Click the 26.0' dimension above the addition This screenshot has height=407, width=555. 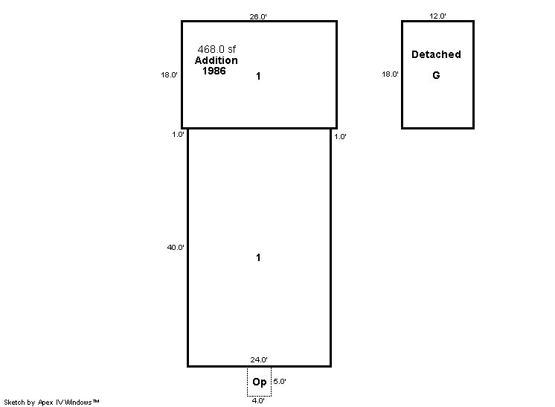click(x=258, y=16)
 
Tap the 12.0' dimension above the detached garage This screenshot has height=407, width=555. click(x=437, y=16)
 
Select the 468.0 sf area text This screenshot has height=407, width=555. click(x=216, y=49)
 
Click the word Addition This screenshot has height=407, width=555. click(x=216, y=60)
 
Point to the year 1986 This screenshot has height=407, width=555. click(x=214, y=71)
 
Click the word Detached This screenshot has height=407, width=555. click(x=436, y=54)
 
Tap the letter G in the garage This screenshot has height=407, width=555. click(x=436, y=75)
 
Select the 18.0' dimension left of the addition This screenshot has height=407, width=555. click(x=169, y=74)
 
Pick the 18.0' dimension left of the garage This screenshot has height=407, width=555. click(x=390, y=74)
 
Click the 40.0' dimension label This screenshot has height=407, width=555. click(x=176, y=247)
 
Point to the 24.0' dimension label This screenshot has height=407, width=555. click(x=259, y=359)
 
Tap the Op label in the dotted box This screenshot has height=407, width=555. click(x=260, y=382)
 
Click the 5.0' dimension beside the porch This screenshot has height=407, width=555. click(x=280, y=382)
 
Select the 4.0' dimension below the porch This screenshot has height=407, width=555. click(x=258, y=400)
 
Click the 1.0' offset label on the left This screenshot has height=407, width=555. click(x=178, y=135)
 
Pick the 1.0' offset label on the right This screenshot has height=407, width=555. click(x=340, y=137)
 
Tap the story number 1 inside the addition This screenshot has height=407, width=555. click(x=258, y=76)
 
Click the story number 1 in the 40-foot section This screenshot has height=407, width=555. click(x=258, y=257)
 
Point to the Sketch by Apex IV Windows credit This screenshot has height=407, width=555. click(x=51, y=402)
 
